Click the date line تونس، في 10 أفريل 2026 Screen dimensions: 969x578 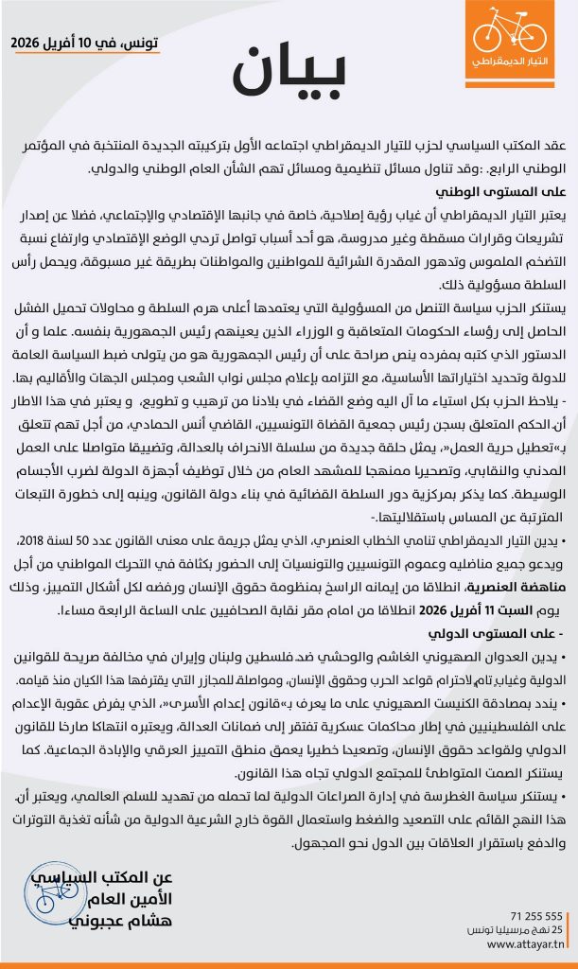[x=85, y=44]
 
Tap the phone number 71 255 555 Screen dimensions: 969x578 [x=536, y=916]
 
